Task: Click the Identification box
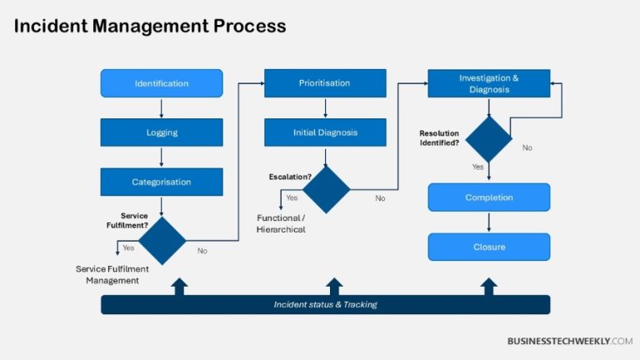(x=162, y=83)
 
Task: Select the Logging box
(x=162, y=132)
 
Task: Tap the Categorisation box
(x=162, y=182)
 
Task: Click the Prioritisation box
(x=325, y=83)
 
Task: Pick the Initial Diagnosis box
(x=325, y=132)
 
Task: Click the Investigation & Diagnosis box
(x=488, y=83)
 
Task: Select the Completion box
(x=488, y=197)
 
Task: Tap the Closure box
(x=488, y=247)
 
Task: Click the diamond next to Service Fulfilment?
(x=162, y=241)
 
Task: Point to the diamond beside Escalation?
(x=326, y=189)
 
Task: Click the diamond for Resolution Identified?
(x=488, y=139)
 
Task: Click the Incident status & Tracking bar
(x=325, y=304)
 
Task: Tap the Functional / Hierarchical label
(x=281, y=223)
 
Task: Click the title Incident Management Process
(x=150, y=27)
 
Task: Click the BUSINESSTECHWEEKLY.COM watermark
(x=570, y=341)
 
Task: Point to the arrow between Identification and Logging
(x=162, y=107)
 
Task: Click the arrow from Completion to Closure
(x=488, y=222)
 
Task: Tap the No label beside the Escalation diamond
(x=380, y=198)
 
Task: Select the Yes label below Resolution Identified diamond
(x=477, y=167)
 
